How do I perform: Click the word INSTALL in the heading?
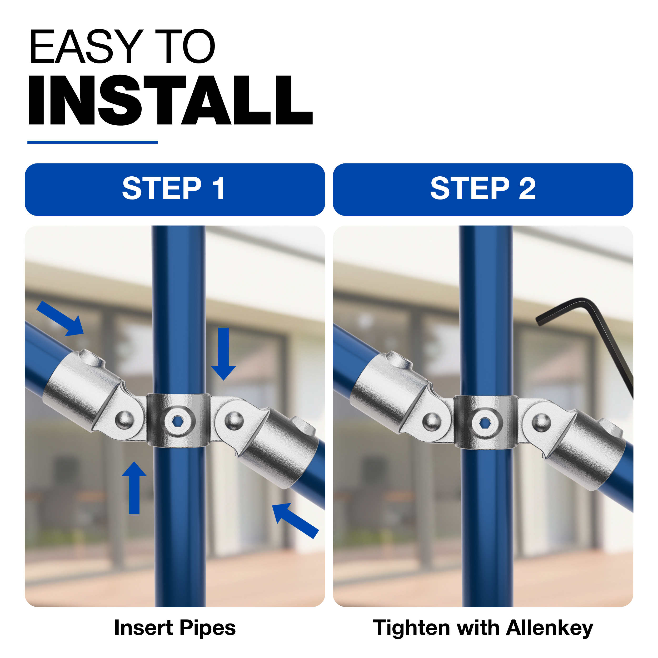170,100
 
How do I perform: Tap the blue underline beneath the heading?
93,142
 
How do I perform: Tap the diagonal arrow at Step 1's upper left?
60,318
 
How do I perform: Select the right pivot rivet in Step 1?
234,421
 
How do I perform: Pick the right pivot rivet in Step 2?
541,422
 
